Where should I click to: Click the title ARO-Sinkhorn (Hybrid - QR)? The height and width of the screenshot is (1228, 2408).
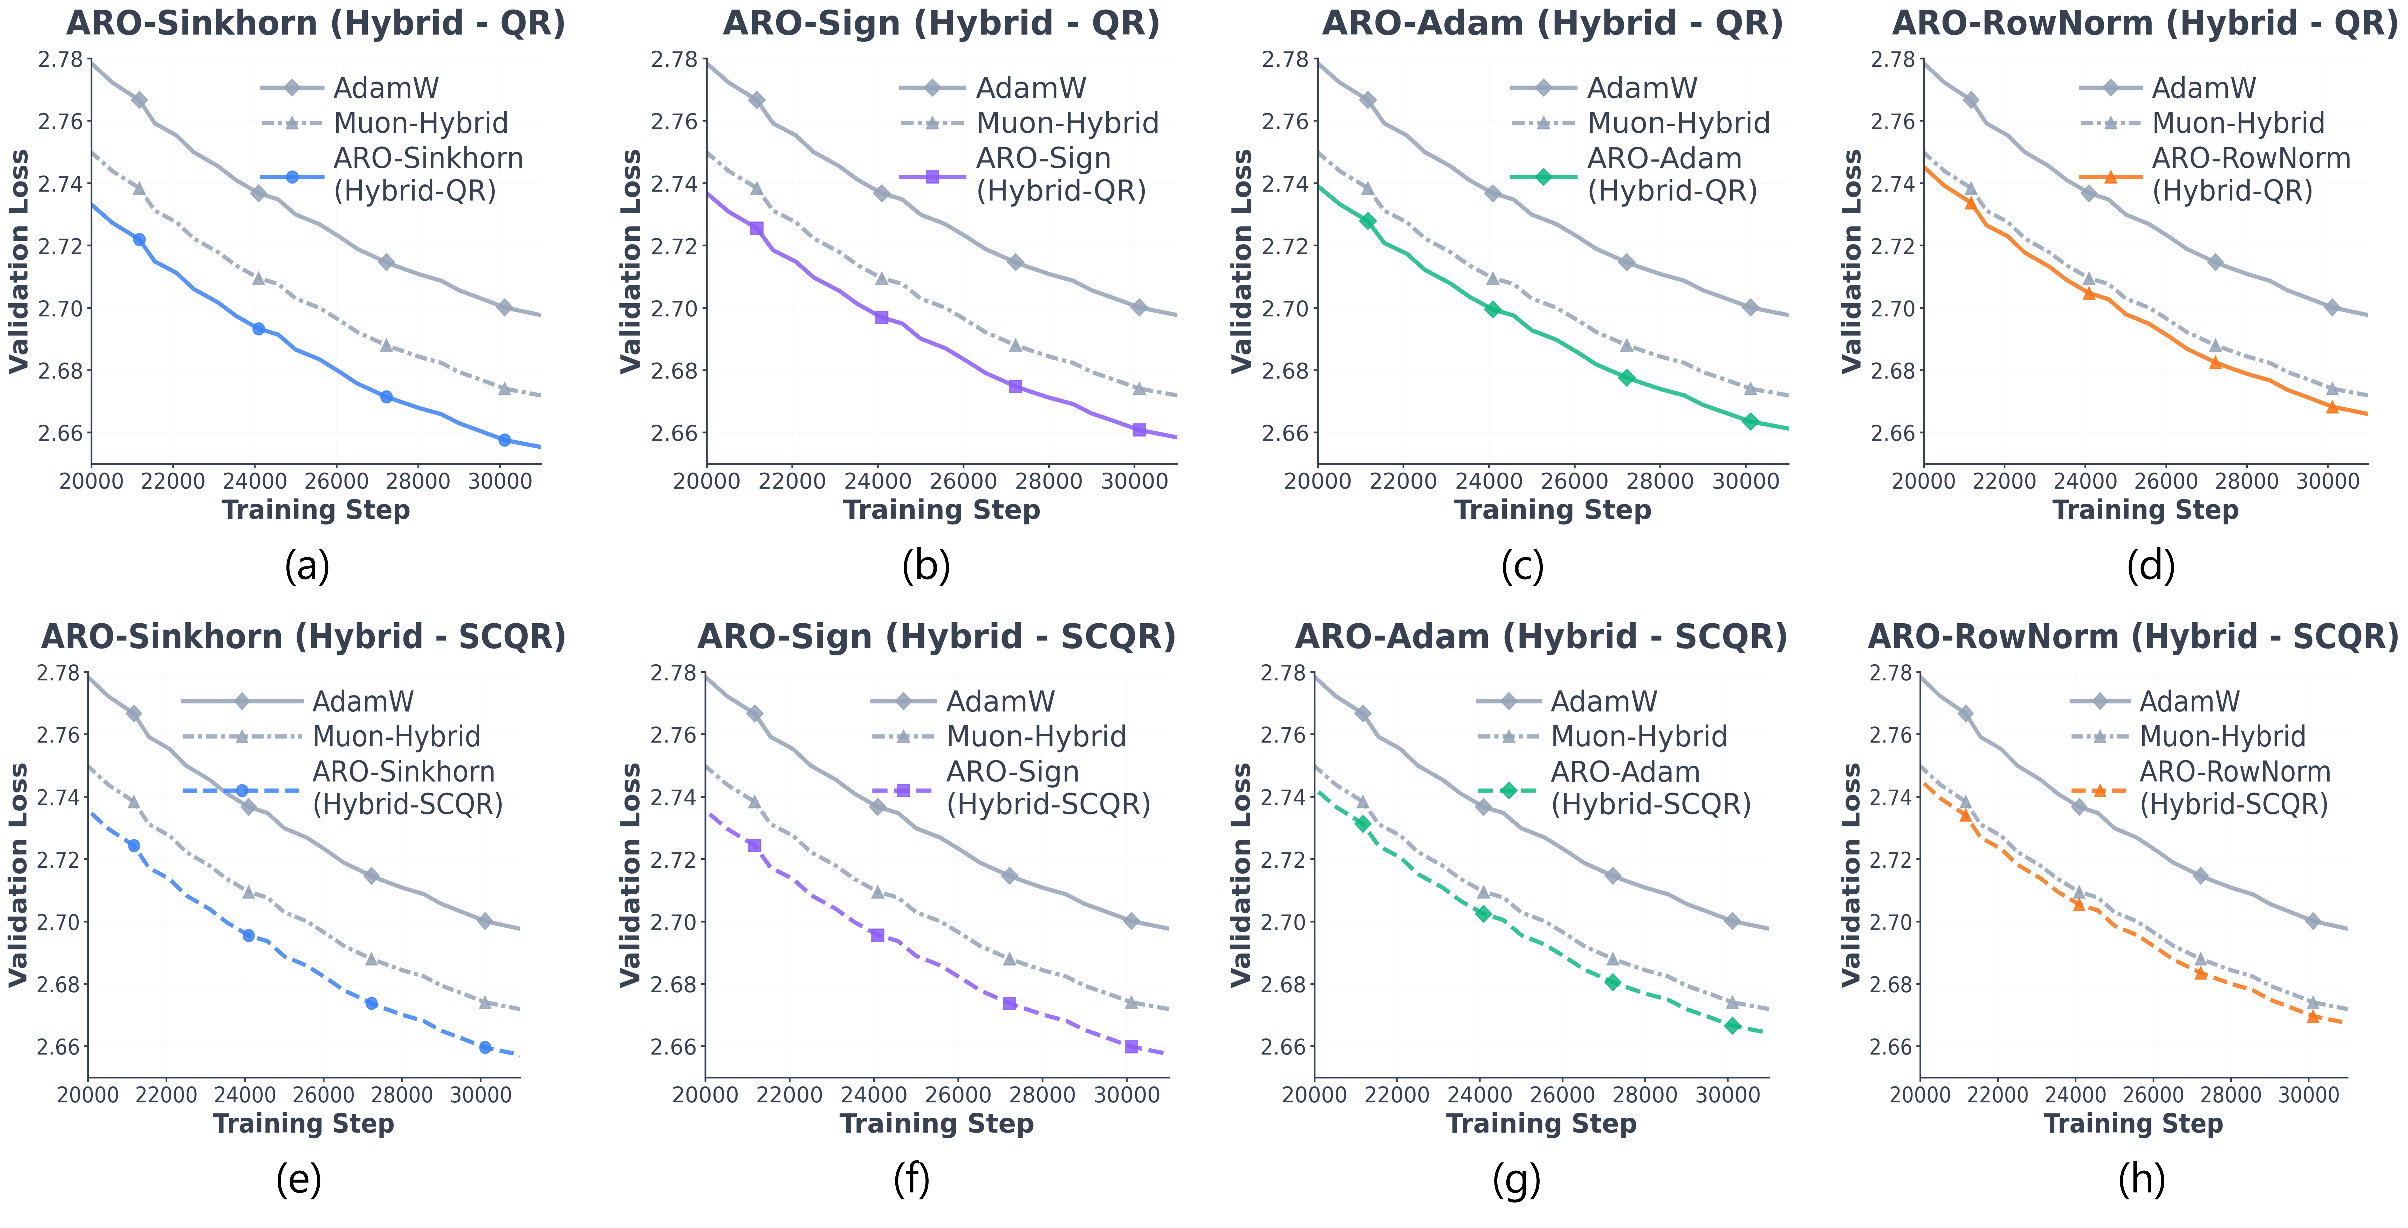[x=316, y=23]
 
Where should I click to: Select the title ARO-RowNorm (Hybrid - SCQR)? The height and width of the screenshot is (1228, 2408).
[x=2133, y=637]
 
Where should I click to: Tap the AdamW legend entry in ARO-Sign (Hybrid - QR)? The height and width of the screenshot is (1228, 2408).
[x=1030, y=88]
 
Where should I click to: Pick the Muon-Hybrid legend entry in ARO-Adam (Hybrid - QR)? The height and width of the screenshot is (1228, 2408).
[x=1678, y=123]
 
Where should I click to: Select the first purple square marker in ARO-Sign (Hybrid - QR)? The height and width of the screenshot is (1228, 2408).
[x=757, y=228]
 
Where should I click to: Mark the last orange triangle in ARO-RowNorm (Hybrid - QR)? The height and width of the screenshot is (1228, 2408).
[x=2332, y=407]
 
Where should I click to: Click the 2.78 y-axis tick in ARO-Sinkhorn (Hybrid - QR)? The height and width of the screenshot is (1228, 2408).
[x=60, y=60]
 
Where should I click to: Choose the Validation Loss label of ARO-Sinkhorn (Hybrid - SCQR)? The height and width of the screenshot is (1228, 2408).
[x=19, y=874]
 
